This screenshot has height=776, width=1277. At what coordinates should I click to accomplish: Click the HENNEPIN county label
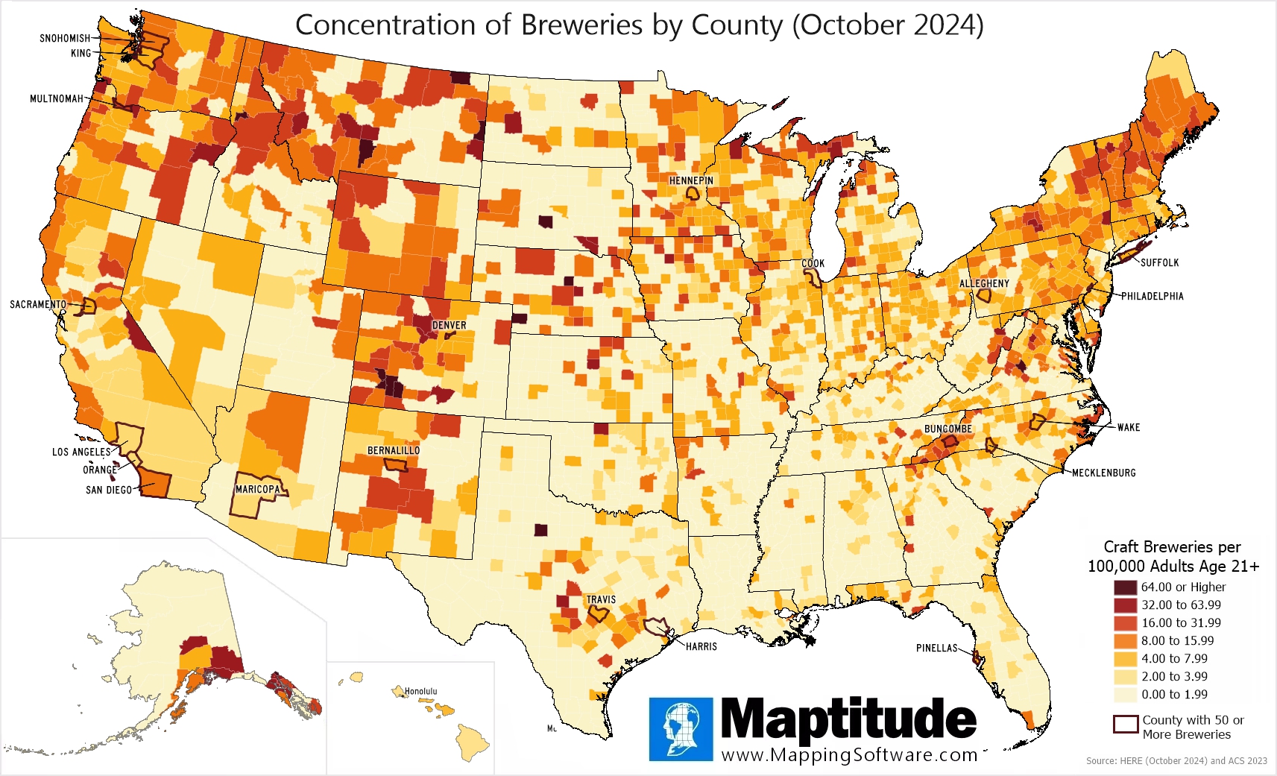(x=691, y=180)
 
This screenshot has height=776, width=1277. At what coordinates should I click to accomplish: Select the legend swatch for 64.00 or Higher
(x=1125, y=587)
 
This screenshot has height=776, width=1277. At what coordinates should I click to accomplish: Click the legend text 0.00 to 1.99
(x=1174, y=695)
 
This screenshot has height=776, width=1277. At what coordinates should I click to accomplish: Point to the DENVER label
(x=449, y=325)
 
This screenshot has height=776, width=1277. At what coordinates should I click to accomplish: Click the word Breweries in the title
(x=581, y=25)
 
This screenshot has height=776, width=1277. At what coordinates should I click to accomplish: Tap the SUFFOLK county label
(x=1159, y=262)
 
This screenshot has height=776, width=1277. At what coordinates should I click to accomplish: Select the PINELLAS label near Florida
(x=936, y=648)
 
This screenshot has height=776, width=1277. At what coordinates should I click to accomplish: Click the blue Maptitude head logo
(x=681, y=729)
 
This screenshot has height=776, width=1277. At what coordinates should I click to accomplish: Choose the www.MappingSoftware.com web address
(x=849, y=755)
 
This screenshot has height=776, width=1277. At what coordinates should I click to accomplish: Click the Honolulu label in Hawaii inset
(x=420, y=692)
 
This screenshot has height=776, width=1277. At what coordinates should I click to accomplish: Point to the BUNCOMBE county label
(x=947, y=429)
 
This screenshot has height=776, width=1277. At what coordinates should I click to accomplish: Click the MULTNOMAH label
(x=57, y=98)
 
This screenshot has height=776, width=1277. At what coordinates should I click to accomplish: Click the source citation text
(x=1176, y=761)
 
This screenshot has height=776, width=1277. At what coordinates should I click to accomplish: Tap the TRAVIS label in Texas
(x=601, y=599)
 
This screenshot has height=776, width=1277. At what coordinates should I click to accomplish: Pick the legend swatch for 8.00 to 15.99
(x=1125, y=641)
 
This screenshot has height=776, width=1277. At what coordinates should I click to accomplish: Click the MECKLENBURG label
(x=1103, y=473)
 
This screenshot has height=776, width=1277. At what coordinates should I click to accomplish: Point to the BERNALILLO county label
(x=393, y=451)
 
